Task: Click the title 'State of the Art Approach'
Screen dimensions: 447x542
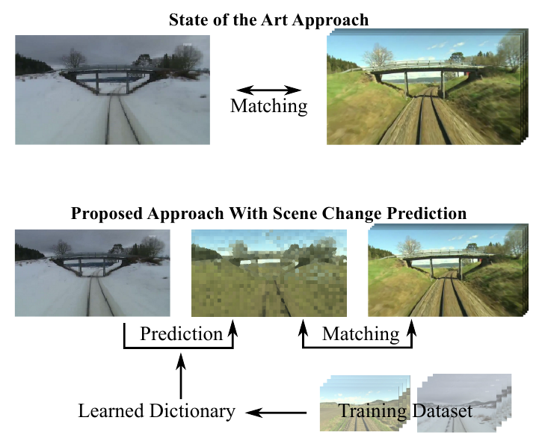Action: coord(268,18)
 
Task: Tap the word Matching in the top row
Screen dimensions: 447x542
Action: coord(268,106)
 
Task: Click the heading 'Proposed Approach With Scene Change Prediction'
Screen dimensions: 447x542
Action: coord(268,213)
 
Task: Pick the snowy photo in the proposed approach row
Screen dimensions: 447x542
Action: coord(92,273)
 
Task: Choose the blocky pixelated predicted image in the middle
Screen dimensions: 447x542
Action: coord(269,274)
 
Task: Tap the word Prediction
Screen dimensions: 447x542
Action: coord(181,333)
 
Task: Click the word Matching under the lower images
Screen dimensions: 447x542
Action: coord(360,333)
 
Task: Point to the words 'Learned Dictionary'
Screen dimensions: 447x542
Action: coord(157,410)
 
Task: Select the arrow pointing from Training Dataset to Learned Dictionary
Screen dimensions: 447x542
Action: coord(277,410)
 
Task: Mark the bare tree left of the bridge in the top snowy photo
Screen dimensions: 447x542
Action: coord(75,58)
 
